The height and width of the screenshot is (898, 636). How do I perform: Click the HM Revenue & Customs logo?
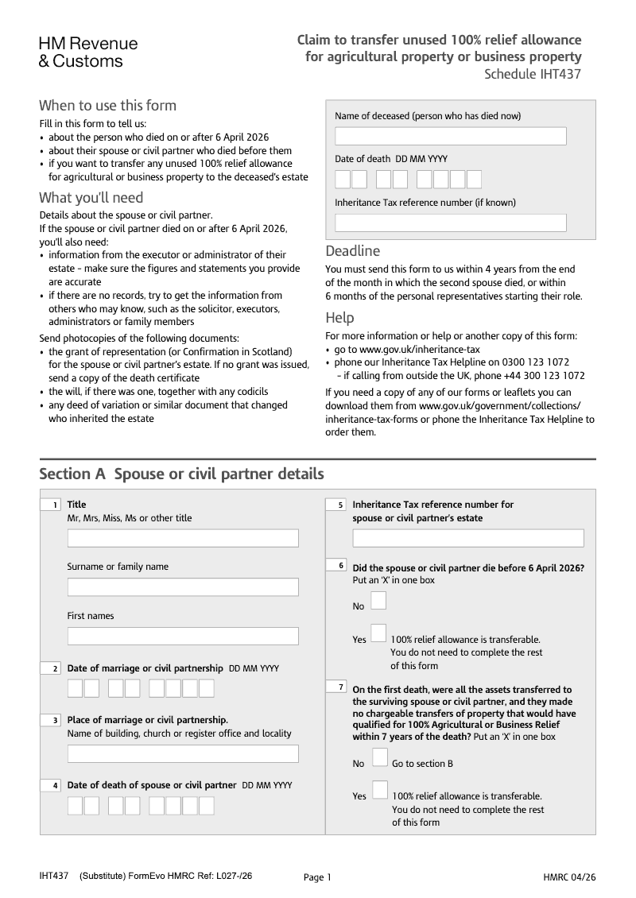[x=88, y=52]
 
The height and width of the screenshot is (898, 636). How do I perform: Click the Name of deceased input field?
[x=450, y=136]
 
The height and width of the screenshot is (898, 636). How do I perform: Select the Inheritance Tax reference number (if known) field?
[x=450, y=223]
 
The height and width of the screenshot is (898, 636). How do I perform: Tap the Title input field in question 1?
[x=183, y=538]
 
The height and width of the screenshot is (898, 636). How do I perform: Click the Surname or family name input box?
[x=183, y=587]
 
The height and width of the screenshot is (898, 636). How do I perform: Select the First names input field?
[x=183, y=636]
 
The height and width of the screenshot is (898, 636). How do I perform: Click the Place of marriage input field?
[x=183, y=753]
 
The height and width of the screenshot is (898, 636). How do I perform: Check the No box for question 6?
[x=379, y=601]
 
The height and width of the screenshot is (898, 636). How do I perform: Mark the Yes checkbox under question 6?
[x=379, y=633]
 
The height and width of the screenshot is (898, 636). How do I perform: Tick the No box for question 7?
[x=380, y=757]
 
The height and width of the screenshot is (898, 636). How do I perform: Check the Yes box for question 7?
[x=380, y=790]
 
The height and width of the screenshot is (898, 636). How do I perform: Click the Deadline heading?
[x=353, y=251]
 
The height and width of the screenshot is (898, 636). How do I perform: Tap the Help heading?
[x=339, y=318]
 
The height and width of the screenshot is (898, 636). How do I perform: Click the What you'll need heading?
[x=91, y=197]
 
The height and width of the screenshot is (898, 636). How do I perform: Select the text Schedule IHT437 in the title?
[x=533, y=75]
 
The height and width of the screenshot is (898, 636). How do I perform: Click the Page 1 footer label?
[x=317, y=877]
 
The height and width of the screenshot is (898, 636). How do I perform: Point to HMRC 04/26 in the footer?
[x=569, y=877]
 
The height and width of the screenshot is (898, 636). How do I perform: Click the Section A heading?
[x=181, y=474]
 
